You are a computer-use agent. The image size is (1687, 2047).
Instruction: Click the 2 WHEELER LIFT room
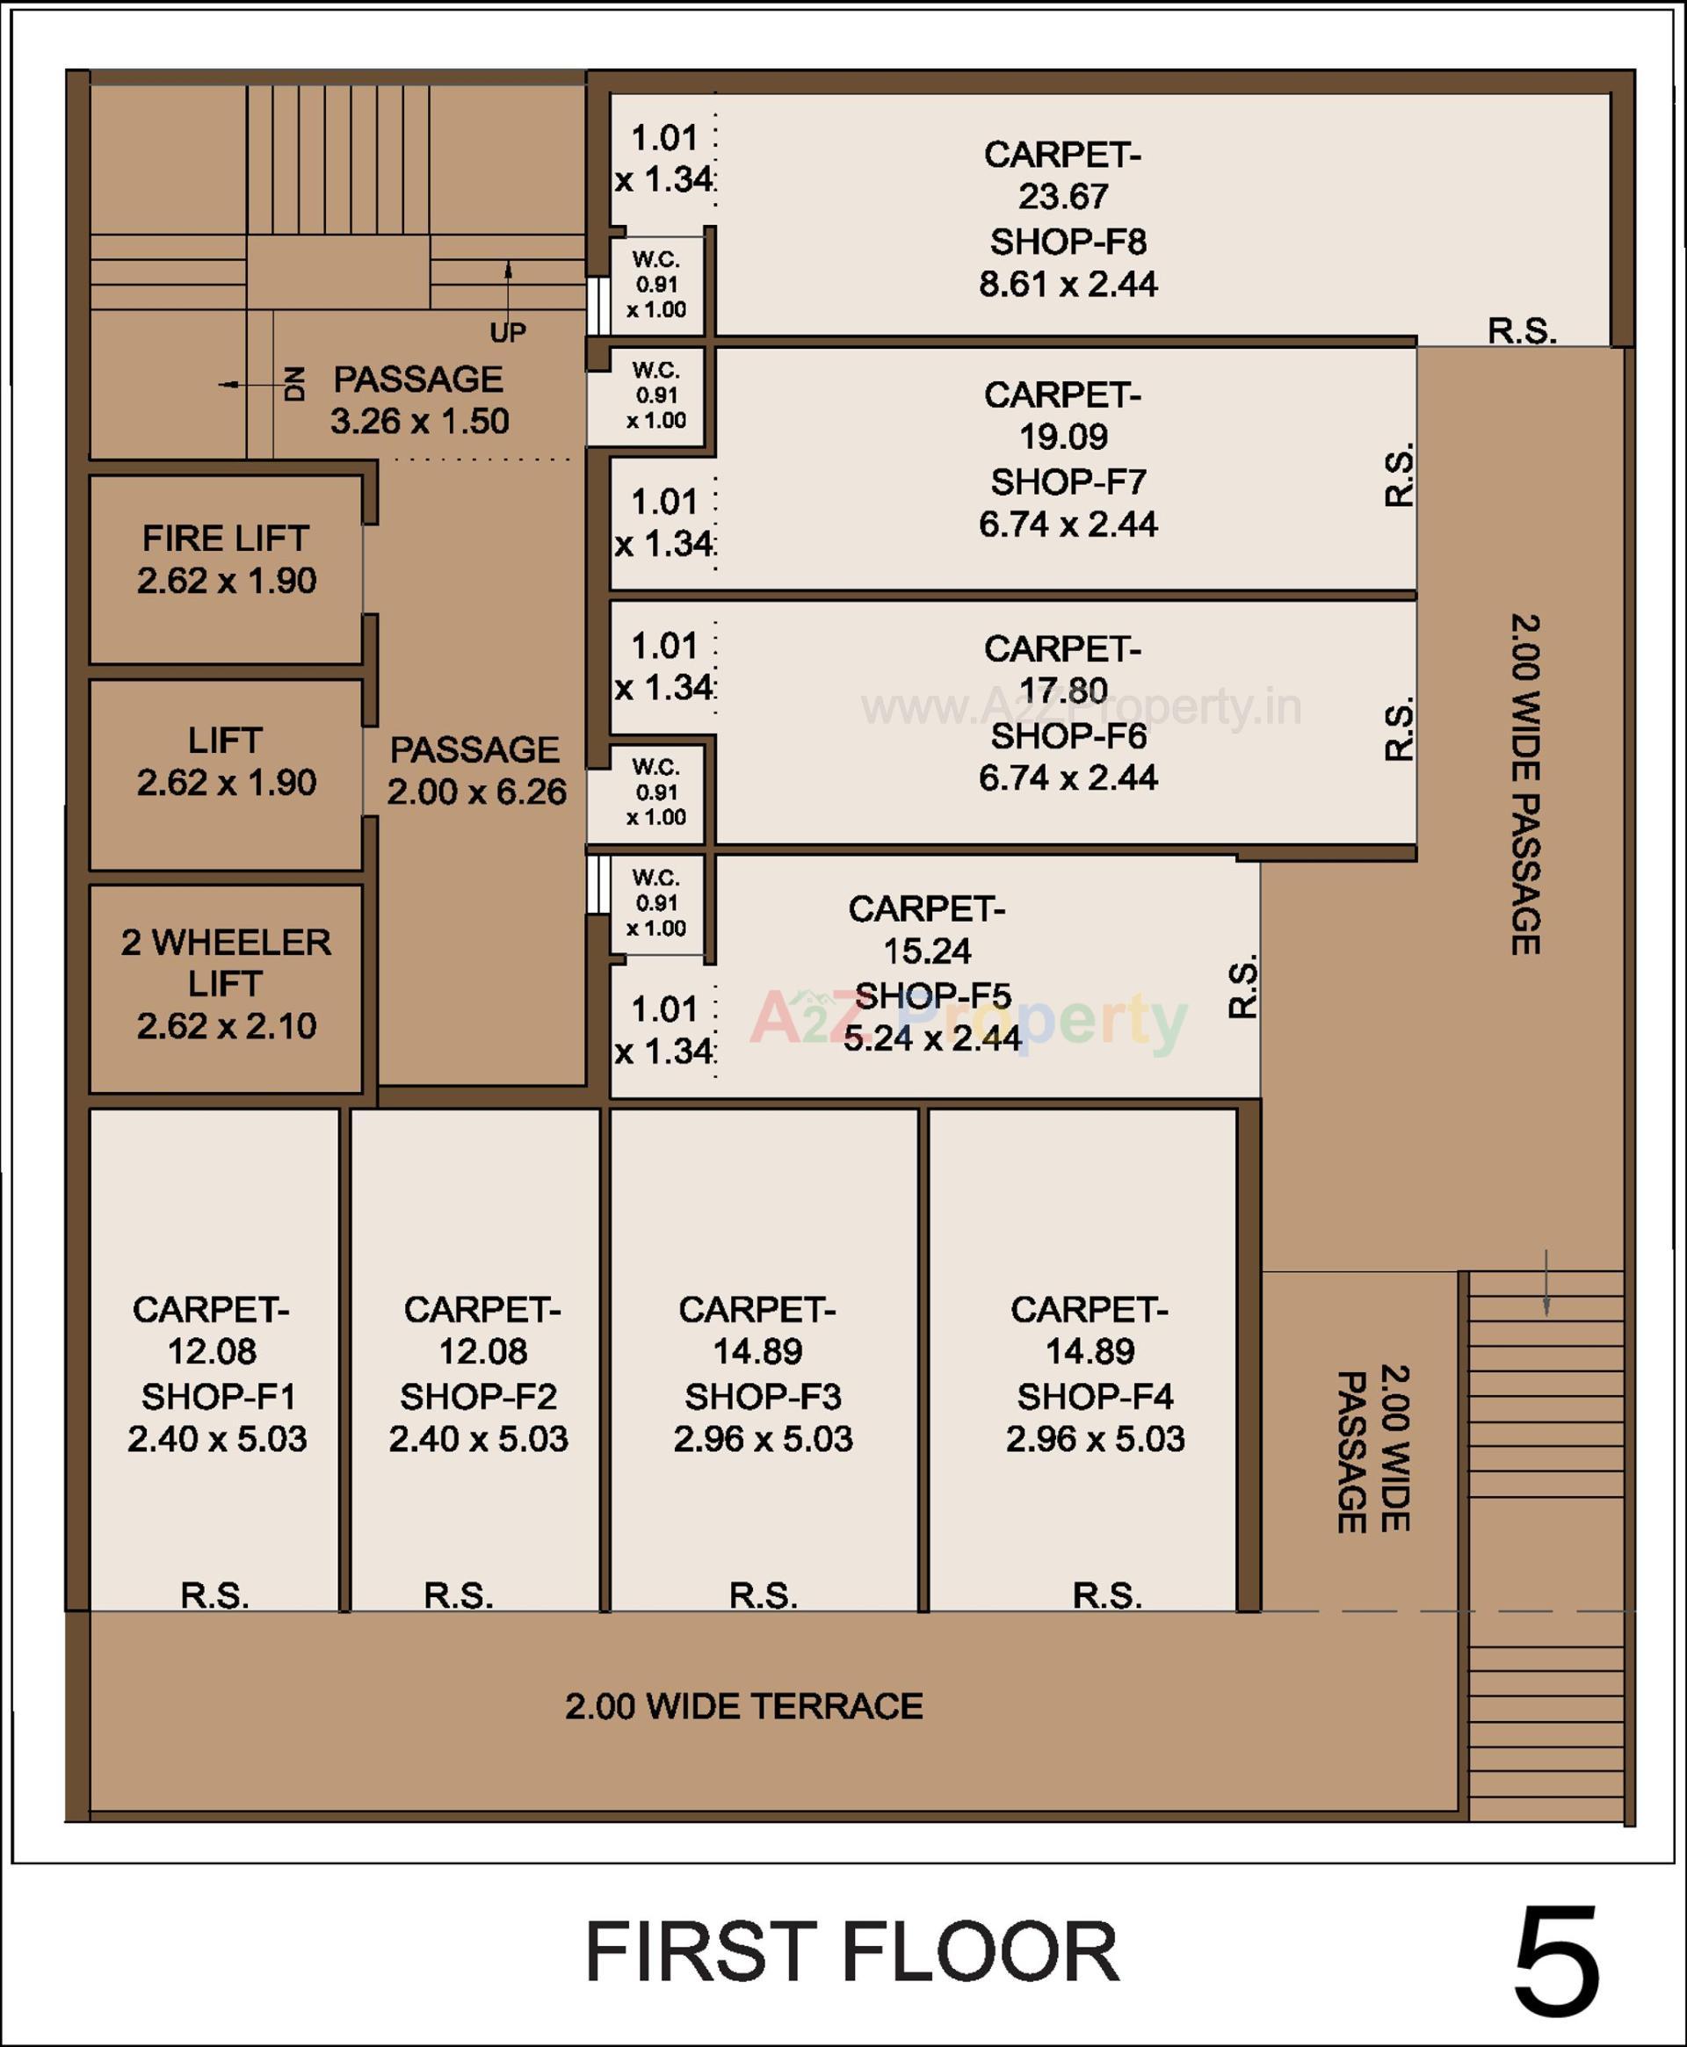226,983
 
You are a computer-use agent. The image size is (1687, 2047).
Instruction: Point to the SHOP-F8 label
1068,241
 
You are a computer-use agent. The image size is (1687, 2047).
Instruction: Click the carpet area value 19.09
1063,438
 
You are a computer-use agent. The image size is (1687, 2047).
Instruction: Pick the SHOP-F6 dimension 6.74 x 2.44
1068,778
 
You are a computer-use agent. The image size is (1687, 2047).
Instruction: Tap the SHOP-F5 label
932,995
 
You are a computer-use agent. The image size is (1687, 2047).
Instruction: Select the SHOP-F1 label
218,1396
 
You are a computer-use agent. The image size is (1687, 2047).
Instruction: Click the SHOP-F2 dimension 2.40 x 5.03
478,1438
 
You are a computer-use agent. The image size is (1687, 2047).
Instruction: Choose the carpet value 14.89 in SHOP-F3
758,1350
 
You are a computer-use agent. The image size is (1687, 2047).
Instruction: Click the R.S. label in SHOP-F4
1107,1595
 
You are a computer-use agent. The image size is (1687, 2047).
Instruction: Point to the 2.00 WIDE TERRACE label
743,1706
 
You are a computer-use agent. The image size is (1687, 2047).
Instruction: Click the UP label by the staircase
507,332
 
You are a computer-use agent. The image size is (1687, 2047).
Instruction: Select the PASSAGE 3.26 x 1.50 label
419,399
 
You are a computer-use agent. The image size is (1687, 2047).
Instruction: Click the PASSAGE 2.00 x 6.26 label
475,770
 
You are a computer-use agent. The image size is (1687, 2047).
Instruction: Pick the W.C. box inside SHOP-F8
657,286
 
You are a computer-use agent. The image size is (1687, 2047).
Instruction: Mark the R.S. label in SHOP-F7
1399,475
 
